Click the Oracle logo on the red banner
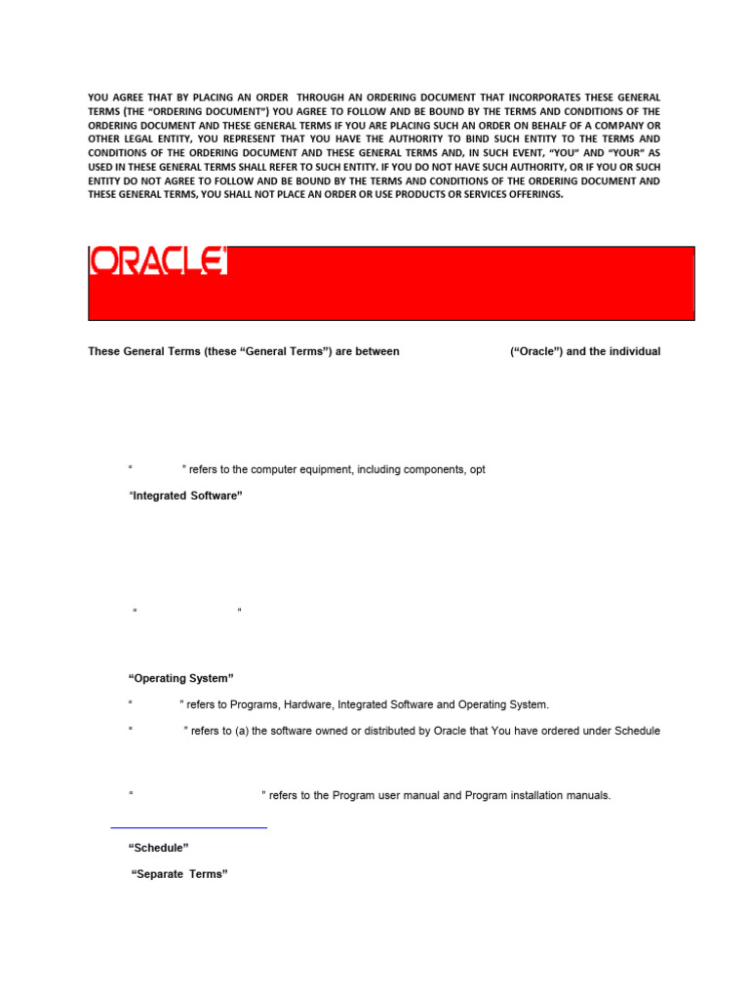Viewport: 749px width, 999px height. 158,260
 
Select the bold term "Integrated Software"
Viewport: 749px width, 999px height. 185,496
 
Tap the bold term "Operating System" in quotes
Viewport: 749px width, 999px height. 181,678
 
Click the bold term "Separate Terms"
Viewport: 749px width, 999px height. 179,874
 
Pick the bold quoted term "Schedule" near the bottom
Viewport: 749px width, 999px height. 159,848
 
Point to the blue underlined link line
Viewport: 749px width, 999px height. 188,827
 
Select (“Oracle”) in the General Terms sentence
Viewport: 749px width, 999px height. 535,351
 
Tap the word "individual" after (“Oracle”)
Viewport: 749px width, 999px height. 635,351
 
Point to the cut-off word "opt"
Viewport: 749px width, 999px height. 477,469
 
